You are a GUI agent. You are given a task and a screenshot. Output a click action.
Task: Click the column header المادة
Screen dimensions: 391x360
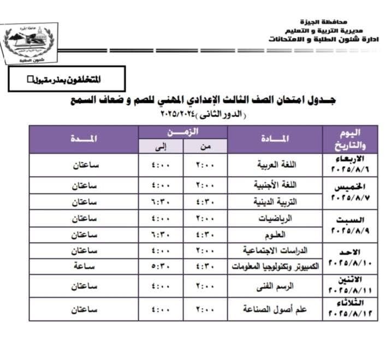point(276,139)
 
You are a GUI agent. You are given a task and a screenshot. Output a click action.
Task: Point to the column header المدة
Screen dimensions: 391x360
point(84,139)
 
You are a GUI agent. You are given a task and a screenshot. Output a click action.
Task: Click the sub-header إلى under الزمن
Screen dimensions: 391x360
point(161,146)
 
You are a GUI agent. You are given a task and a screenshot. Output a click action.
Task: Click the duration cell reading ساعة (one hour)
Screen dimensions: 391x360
point(85,267)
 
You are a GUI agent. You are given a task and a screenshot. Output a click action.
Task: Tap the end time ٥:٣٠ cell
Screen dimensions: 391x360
point(161,267)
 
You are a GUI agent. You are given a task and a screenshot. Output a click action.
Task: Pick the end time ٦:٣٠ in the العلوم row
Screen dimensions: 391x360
point(161,235)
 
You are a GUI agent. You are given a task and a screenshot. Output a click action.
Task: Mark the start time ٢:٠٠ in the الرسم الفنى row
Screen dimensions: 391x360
point(205,285)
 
